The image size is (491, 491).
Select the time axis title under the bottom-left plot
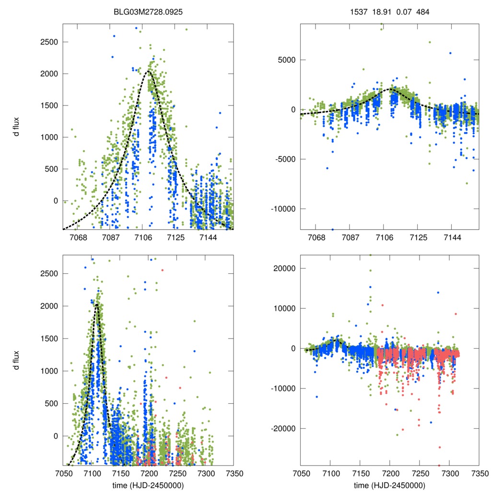click(x=148, y=485)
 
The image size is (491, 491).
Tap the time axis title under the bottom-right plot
click(x=389, y=485)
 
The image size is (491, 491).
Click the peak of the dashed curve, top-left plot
click(x=148, y=71)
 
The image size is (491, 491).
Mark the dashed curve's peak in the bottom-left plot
click(x=97, y=304)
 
